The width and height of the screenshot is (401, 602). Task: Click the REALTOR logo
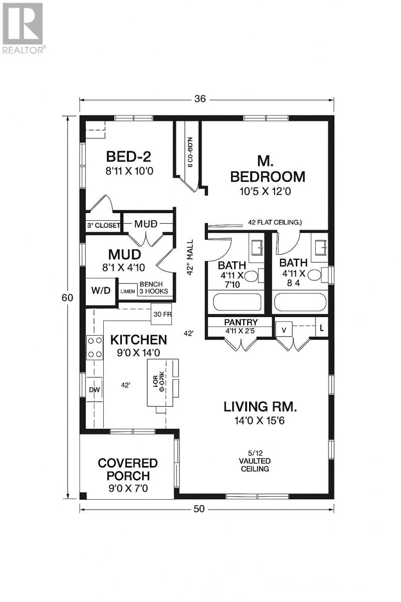24,28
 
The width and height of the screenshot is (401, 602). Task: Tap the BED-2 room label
128,156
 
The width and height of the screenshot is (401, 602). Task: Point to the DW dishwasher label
94,389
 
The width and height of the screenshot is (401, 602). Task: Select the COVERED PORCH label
127,469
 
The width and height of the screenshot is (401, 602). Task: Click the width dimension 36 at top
199,99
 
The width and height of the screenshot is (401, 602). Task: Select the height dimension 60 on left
67,297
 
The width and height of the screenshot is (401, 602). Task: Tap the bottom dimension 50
199,509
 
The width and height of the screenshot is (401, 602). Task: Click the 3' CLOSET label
103,226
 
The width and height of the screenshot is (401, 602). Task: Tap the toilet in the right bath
314,275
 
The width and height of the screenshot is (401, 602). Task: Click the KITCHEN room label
138,340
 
